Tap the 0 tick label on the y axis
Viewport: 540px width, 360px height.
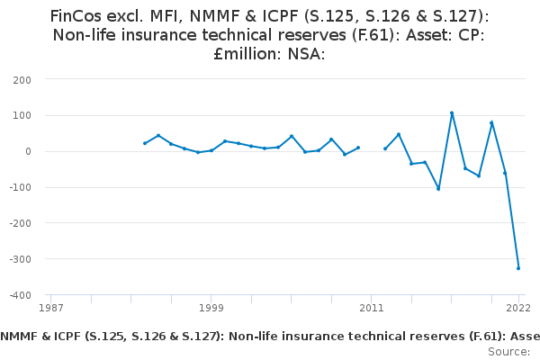click(28, 151)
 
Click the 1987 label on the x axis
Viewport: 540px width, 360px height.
click(51, 308)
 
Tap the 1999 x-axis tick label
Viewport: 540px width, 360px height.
click(211, 308)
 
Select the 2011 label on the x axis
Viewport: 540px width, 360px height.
click(372, 308)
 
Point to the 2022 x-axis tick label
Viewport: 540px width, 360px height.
click(518, 308)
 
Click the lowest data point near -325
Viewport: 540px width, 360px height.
click(518, 268)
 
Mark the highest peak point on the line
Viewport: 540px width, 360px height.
click(452, 112)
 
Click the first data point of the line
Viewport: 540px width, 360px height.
click(145, 143)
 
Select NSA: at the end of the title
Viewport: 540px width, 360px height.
click(304, 54)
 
